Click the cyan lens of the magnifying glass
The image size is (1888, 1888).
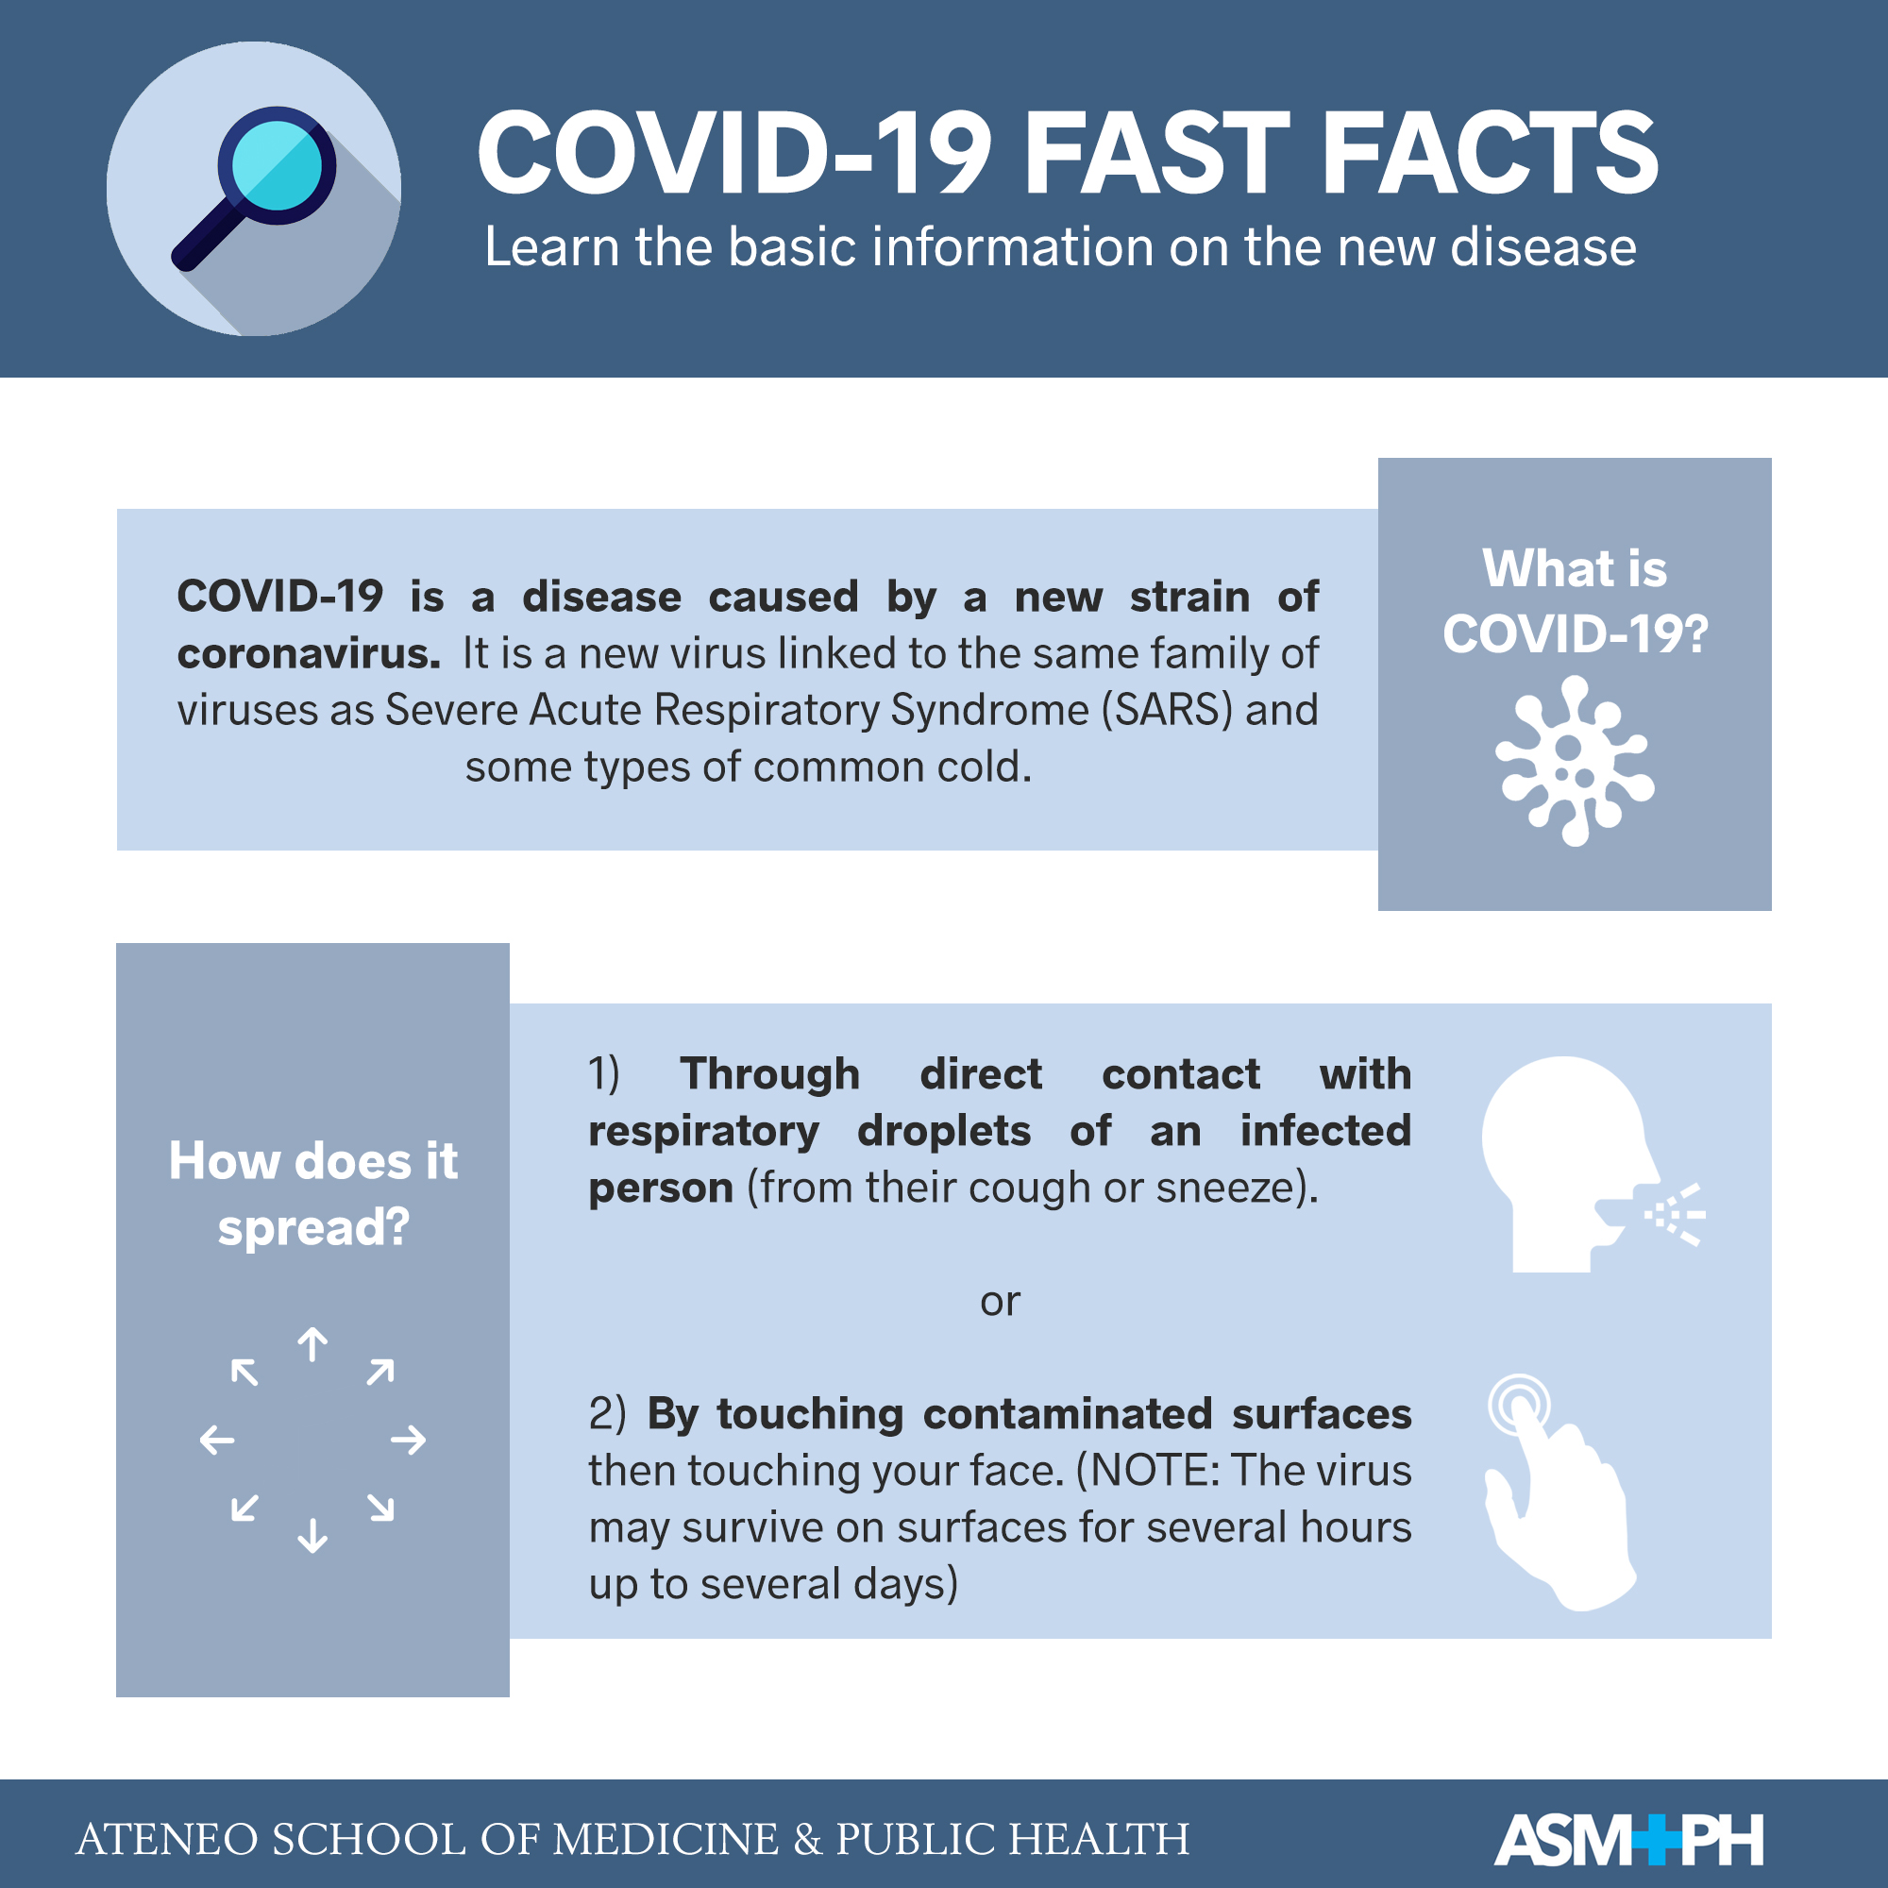(278, 165)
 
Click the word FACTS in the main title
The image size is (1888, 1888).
(1492, 154)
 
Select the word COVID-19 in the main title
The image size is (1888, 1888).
(733, 154)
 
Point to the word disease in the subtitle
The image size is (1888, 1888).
(1544, 247)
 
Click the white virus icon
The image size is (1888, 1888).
(1575, 760)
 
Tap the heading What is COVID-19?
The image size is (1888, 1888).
(1575, 601)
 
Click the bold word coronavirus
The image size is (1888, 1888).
(309, 654)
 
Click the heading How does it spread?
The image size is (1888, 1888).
(312, 1193)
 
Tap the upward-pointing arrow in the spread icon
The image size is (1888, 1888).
(312, 1344)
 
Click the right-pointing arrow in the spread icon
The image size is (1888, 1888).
(409, 1440)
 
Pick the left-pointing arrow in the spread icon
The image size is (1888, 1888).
(217, 1440)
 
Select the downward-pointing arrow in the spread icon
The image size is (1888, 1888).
(312, 1535)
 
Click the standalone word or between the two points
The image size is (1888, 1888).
(1000, 1302)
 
